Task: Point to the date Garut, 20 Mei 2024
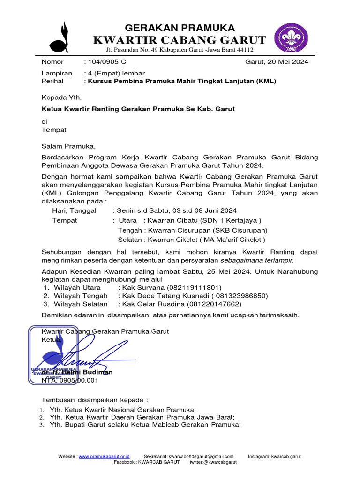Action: pos(277,62)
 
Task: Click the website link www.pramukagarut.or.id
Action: pos(104,456)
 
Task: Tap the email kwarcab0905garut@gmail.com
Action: pos(201,456)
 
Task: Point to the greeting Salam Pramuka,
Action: pos(68,146)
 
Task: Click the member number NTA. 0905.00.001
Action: pos(70,381)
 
